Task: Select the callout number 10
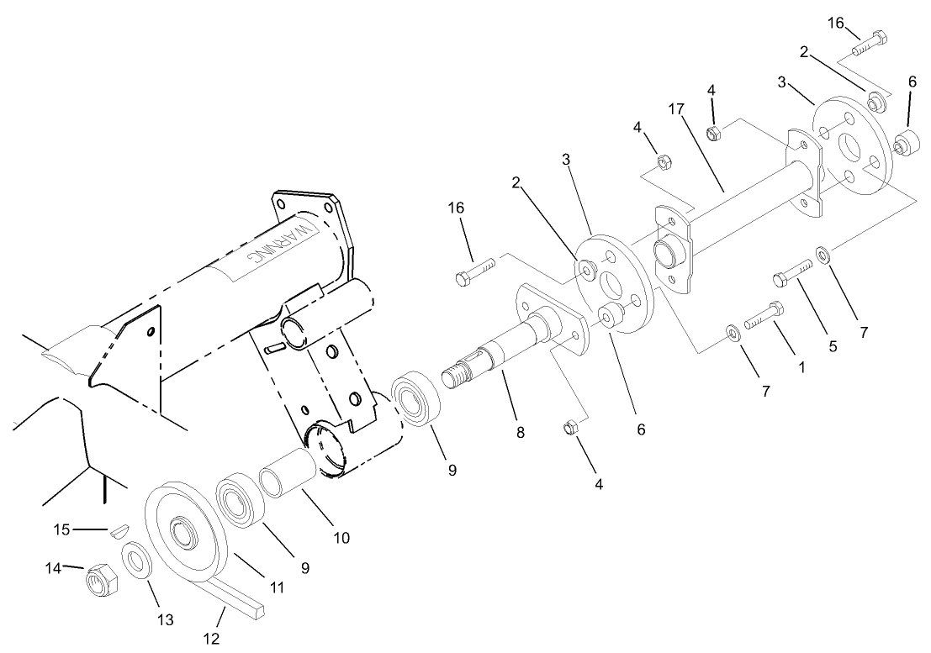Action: [x=342, y=537]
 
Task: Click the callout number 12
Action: [x=211, y=639]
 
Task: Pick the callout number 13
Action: [x=165, y=619]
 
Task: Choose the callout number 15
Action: [x=61, y=529]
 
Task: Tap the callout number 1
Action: [x=801, y=367]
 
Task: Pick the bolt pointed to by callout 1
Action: [x=764, y=315]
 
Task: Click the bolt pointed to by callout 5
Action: [x=791, y=273]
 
